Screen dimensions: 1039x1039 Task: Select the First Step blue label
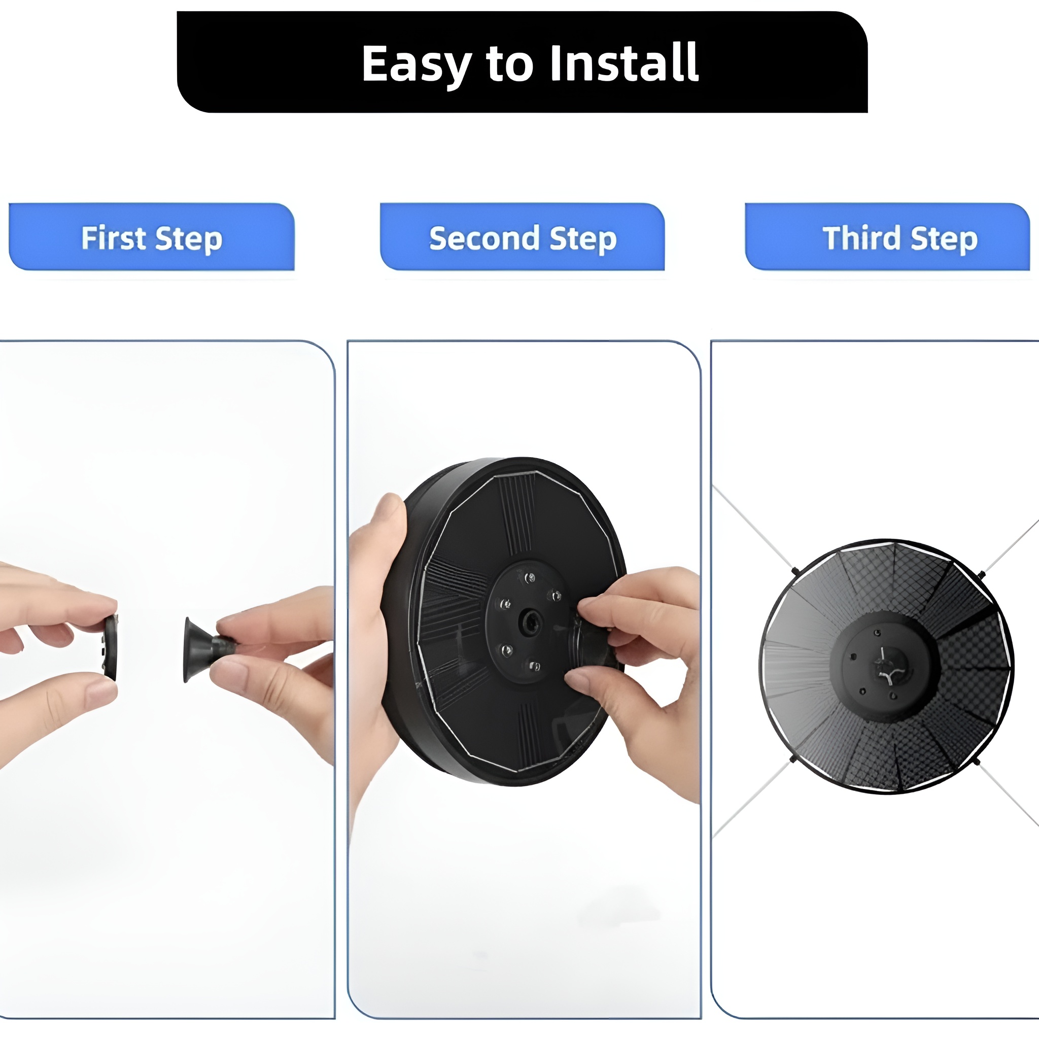[152, 236]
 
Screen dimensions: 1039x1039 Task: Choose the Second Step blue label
[522, 236]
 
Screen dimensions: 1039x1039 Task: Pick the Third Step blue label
[887, 236]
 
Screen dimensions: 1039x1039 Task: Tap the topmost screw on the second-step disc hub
[530, 578]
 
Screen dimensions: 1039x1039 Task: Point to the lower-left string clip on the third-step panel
[793, 760]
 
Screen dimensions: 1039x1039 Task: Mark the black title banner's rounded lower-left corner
[186, 105]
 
